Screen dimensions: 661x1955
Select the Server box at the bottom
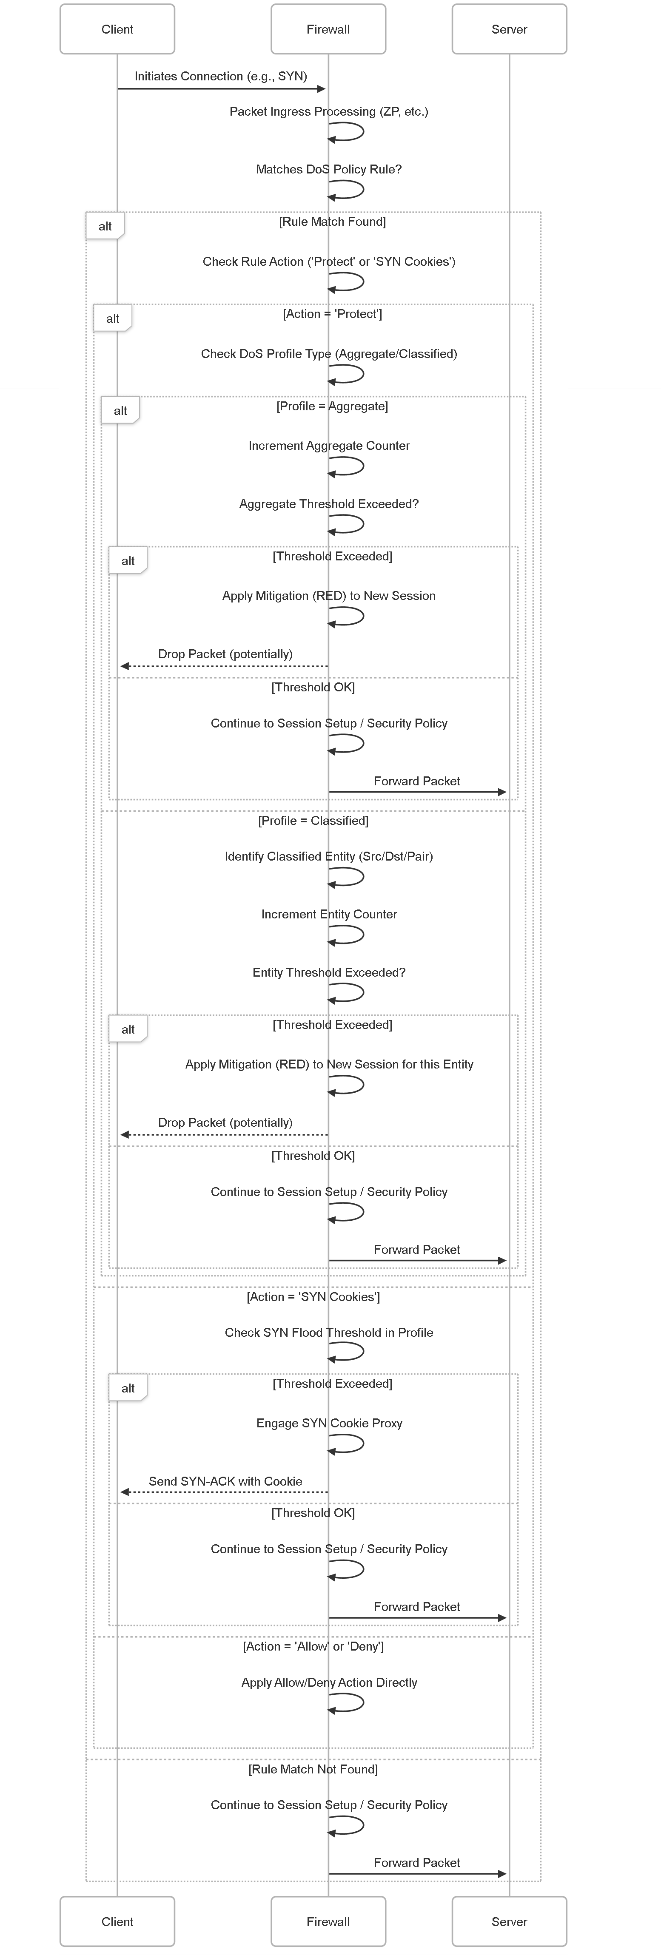pyautogui.click(x=509, y=1921)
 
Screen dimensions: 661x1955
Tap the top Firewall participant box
pyautogui.click(x=328, y=29)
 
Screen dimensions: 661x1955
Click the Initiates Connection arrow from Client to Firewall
pyautogui.click(x=222, y=89)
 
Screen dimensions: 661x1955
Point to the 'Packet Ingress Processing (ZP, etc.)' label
pyautogui.click(x=329, y=111)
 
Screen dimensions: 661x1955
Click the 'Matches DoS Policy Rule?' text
pyautogui.click(x=329, y=169)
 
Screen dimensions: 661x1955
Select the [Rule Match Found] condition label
pyautogui.click(x=332, y=222)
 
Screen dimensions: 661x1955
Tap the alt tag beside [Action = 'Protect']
pyautogui.click(x=112, y=318)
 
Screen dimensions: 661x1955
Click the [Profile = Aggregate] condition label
pyautogui.click(x=332, y=406)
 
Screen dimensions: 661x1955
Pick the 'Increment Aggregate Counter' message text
pyautogui.click(x=329, y=446)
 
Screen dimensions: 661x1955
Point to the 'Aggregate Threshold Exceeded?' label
pyautogui.click(x=329, y=504)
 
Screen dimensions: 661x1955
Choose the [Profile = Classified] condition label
pyautogui.click(x=313, y=821)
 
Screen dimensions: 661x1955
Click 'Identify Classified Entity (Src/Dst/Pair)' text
pyautogui.click(x=329, y=856)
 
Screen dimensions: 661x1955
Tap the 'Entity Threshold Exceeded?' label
pyautogui.click(x=329, y=972)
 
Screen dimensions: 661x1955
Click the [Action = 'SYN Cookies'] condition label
pyautogui.click(x=313, y=1297)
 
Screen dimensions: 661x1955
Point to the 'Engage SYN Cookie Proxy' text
pyautogui.click(x=329, y=1423)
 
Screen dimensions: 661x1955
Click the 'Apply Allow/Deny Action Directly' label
pyautogui.click(x=329, y=1682)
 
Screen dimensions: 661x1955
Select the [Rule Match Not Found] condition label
pyautogui.click(x=313, y=1769)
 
